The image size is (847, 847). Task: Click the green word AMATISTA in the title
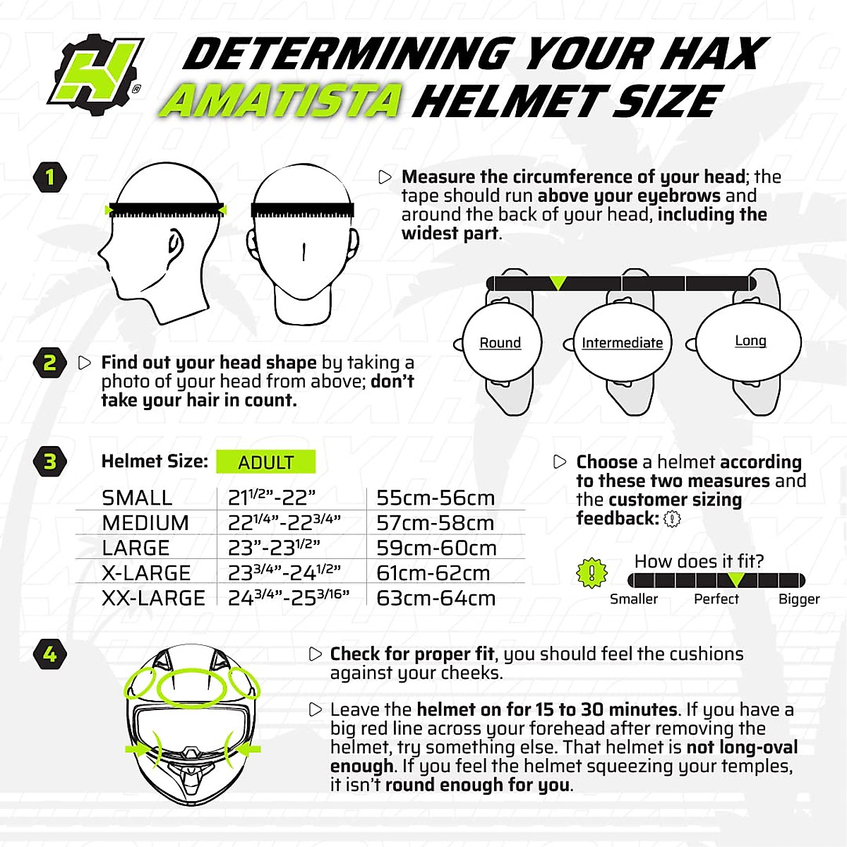[281, 102]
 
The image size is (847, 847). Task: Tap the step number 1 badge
[49, 176]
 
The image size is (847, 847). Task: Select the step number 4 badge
[49, 654]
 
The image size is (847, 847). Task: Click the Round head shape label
[500, 343]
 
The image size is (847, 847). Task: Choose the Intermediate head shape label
[622, 343]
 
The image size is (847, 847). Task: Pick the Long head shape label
[750, 341]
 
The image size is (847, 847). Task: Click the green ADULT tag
[265, 462]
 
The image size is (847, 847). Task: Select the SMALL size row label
[137, 498]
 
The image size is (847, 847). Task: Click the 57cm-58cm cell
[435, 523]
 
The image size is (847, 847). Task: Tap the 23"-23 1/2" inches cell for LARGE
[274, 548]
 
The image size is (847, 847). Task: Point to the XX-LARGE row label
[153, 599]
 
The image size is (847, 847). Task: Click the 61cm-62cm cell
[433, 573]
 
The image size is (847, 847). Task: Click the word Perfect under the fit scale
[716, 599]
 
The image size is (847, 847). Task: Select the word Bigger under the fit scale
[799, 599]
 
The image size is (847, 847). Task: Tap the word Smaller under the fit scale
[633, 599]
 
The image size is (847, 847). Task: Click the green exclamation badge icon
[591, 572]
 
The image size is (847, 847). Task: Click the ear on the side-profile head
[174, 243]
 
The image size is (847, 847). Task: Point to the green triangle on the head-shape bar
[558, 283]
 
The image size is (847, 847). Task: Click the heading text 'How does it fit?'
[699, 561]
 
